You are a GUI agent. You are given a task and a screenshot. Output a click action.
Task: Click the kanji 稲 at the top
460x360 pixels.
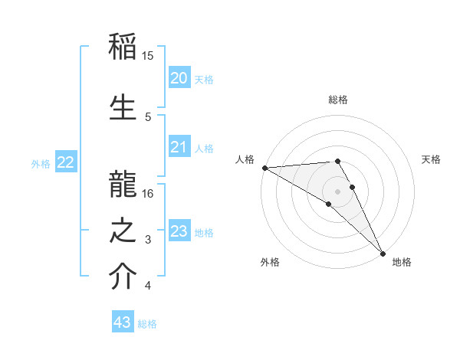[123, 47]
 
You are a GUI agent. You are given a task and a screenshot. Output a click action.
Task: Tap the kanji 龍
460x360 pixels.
[123, 182]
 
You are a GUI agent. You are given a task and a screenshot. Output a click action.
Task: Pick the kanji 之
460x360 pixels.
[123, 231]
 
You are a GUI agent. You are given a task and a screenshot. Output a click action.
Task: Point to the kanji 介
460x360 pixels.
[123, 277]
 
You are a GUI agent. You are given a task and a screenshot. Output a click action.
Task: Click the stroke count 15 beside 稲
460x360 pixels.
[148, 56]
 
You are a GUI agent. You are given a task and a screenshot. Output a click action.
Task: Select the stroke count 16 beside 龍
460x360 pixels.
[148, 194]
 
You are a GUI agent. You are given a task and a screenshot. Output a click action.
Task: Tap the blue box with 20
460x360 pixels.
[179, 77]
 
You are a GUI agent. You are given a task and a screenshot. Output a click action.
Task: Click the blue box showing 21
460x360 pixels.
[179, 147]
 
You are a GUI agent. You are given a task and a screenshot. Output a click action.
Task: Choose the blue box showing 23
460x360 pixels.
[179, 231]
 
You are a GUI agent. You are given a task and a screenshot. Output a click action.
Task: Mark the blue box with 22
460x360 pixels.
[66, 162]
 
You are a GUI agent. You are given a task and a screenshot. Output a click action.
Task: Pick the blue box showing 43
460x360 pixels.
[122, 322]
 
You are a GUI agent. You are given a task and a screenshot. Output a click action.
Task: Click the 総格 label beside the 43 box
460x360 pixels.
[147, 324]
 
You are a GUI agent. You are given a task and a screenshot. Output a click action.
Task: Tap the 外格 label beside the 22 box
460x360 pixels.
[41, 163]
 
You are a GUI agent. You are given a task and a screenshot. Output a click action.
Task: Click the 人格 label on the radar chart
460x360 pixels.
[245, 159]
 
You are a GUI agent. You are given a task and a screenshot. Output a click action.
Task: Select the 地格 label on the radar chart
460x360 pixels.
[402, 262]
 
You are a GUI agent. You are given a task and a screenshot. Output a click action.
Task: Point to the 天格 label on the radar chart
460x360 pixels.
[431, 159]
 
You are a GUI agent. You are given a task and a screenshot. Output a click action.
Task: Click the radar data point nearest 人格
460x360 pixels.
[264, 168]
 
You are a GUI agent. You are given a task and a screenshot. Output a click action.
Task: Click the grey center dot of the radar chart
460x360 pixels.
[337, 191]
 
